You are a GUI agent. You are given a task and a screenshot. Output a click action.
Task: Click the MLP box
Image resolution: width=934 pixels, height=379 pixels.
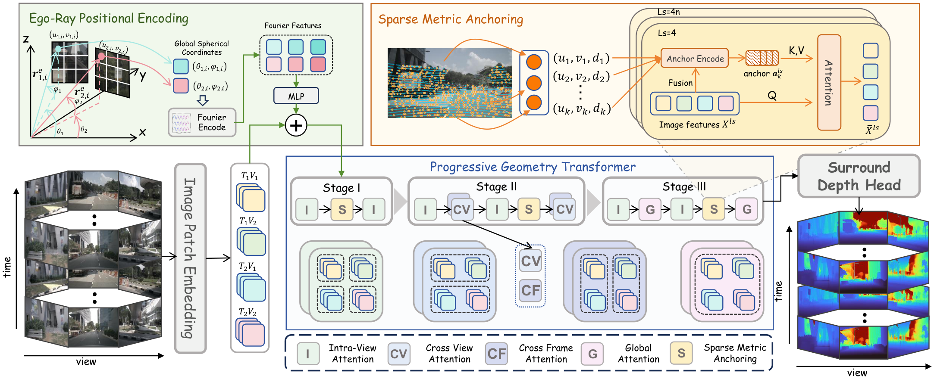coord(296,96)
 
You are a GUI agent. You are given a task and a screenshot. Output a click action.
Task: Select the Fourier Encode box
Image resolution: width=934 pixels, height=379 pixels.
coord(202,122)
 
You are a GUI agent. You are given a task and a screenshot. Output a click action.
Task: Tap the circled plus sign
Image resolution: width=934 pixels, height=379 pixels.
coord(296,125)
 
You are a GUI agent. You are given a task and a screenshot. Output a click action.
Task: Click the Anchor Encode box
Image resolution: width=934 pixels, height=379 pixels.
coord(695,58)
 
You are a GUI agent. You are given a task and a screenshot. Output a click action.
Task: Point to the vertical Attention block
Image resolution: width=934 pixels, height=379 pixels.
coord(829,82)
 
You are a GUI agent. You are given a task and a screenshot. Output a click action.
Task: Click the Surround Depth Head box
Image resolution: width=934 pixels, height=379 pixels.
coord(859,176)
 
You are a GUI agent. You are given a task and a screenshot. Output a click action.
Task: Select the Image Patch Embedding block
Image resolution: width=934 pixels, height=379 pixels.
coord(190,258)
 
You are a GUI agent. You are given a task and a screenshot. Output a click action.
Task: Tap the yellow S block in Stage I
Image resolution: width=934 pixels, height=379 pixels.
coord(342,209)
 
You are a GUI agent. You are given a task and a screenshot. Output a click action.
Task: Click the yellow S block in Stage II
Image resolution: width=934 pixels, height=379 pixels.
coord(529,209)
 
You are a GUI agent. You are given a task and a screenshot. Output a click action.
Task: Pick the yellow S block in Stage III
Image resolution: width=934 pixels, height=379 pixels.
coord(714,209)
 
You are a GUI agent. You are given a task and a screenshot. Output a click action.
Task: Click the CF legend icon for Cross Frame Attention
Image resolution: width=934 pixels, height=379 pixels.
coord(496,354)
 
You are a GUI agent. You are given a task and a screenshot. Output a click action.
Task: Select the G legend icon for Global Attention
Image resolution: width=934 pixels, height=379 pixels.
coord(592,354)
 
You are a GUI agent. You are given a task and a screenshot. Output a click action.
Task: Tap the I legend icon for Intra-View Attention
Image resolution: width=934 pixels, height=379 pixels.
coord(308,354)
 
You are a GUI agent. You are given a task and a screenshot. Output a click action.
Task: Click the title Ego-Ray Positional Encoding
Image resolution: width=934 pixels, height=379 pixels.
coord(109,19)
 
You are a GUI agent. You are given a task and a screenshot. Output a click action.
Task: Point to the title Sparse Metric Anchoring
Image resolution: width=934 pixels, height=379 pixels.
coord(451,19)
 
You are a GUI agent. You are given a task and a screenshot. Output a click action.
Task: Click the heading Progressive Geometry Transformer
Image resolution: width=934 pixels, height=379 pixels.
coord(533,167)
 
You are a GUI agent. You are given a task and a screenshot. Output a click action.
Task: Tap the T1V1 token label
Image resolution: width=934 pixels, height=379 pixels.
coord(249,176)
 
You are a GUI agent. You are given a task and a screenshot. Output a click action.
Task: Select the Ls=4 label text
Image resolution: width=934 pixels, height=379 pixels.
coord(667,33)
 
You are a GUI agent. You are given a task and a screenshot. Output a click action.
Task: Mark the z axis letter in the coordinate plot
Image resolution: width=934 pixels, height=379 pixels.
coord(26,40)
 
